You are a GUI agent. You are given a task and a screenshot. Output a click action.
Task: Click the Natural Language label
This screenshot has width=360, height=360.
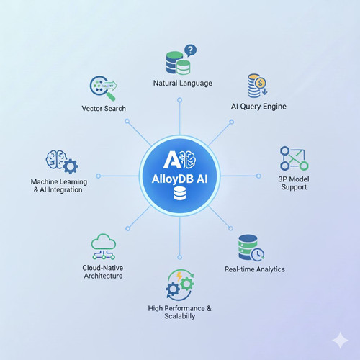183,84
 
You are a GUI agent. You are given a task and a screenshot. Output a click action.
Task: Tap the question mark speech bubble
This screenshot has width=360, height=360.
190,50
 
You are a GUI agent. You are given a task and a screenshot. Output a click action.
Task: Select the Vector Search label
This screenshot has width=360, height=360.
104,109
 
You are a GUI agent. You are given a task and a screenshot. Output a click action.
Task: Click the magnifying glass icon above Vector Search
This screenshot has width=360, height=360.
103,88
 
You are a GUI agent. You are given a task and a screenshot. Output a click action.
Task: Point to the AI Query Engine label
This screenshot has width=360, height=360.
258,107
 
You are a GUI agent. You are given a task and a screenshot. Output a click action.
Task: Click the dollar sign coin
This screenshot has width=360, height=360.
261,84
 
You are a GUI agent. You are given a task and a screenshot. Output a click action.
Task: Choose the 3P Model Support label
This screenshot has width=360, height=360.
294,183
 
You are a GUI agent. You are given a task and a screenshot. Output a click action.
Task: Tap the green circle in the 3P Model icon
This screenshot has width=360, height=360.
304,166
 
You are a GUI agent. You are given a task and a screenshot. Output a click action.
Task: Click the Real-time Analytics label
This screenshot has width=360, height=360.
255,269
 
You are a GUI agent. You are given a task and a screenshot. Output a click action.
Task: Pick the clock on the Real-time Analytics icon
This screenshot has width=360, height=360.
258,255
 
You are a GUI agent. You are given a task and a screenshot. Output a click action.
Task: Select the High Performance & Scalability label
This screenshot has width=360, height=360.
179,312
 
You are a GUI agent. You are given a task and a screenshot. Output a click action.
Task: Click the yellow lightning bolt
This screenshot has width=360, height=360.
179,276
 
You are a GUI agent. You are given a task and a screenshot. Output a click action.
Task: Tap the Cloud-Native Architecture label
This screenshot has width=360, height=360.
103,272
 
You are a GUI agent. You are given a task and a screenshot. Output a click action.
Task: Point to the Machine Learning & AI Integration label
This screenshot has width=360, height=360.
59,186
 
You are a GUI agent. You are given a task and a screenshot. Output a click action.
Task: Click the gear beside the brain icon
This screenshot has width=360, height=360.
70,166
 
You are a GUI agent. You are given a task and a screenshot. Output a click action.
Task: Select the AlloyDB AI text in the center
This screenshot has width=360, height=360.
179,179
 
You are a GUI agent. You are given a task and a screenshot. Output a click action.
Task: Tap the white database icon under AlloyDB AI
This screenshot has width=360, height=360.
179,194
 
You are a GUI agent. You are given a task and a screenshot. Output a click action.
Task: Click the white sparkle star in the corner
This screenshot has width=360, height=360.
341,341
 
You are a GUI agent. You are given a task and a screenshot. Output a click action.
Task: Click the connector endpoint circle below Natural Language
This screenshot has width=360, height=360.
179,100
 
